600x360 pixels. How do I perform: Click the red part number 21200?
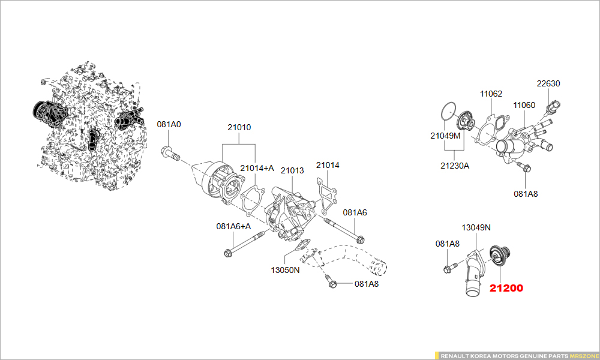coord(506,288)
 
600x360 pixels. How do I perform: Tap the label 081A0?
coord(169,125)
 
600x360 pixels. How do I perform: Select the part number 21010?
coord(239,127)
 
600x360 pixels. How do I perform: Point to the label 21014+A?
coord(257,168)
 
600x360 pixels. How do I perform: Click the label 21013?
coord(292,171)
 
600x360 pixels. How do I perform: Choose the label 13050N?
coord(285,270)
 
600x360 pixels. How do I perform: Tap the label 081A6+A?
coord(233,226)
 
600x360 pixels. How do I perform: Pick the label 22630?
coord(548,84)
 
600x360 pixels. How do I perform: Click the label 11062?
coord(491,94)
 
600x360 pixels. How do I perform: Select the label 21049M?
coord(445,136)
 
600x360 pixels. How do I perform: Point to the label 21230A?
coord(455,165)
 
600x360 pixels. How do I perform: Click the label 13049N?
coord(476,227)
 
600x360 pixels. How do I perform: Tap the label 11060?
coord(524,105)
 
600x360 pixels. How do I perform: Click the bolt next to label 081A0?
coord(170,154)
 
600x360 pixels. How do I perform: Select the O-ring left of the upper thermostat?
coord(446,111)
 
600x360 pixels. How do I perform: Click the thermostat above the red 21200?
coord(497,255)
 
